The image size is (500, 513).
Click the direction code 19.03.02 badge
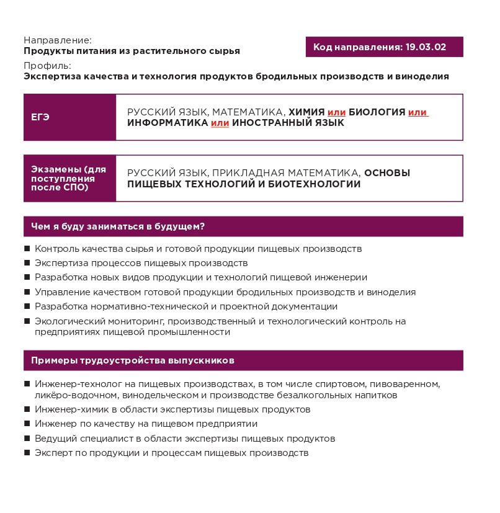[x=384, y=47]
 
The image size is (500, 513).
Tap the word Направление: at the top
[x=57, y=40]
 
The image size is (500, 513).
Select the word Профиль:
[x=47, y=66]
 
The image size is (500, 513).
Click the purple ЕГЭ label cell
[x=69, y=117]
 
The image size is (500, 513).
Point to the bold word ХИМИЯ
[x=306, y=112]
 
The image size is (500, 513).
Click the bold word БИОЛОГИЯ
[x=377, y=112]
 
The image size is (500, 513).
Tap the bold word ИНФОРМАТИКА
[x=167, y=123]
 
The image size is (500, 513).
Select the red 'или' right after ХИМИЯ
[x=336, y=112]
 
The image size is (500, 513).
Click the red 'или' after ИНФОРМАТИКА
[x=220, y=123]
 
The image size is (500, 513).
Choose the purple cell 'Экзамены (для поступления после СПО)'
[x=69, y=178]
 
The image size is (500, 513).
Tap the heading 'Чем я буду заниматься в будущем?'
[x=118, y=226]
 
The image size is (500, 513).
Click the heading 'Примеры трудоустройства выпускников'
[x=132, y=360]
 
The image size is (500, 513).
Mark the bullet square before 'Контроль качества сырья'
[x=27, y=249]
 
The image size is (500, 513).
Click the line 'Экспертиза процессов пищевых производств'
[x=132, y=263]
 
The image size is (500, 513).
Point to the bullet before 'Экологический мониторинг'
[x=27, y=321]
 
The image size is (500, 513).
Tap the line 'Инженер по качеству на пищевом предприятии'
[x=146, y=424]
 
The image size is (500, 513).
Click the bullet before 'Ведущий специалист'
[x=27, y=438]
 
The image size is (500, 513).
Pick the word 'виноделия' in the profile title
[x=426, y=76]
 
